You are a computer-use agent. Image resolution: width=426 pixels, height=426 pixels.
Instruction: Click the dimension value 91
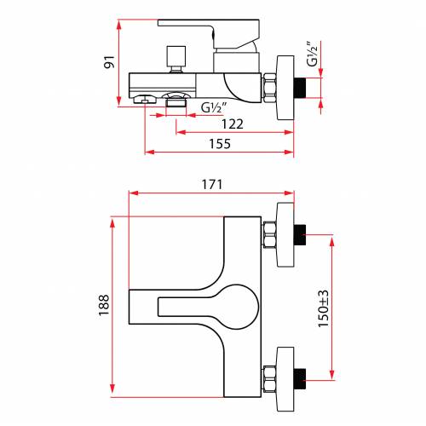tap(109, 62)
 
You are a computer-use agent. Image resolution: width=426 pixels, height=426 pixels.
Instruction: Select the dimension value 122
tap(233, 124)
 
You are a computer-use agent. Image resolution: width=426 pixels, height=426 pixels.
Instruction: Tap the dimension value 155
tap(220, 144)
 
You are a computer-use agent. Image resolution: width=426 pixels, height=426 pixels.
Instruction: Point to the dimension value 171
tap(212, 185)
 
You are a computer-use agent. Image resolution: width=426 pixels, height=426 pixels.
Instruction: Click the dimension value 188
tap(104, 305)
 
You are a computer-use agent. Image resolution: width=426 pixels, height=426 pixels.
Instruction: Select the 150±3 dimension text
tap(323, 309)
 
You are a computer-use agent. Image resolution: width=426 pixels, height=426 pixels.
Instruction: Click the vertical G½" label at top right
tap(312, 54)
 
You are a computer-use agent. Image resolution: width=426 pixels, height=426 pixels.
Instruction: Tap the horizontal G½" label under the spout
tap(214, 107)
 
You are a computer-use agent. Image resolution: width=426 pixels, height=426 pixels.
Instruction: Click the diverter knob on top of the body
tap(176, 59)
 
